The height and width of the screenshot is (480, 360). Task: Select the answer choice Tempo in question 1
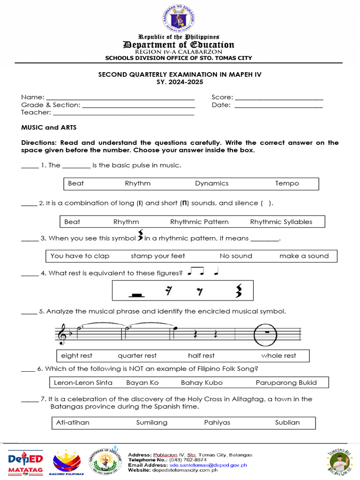(287, 183)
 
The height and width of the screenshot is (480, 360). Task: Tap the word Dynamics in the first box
(211, 183)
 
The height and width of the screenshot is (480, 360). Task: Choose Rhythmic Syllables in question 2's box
(281, 222)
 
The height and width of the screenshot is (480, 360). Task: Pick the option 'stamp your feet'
(158, 256)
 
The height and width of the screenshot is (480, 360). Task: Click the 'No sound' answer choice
(236, 256)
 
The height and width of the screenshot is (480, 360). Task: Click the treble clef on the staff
(61, 334)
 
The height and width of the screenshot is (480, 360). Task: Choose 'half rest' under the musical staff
(201, 355)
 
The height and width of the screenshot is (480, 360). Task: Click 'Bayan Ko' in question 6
(142, 382)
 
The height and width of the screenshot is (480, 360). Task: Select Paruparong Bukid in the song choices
(286, 382)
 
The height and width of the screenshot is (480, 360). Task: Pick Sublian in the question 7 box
(287, 422)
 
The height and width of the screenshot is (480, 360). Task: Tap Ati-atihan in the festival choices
(73, 422)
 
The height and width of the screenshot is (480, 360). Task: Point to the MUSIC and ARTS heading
(49, 127)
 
